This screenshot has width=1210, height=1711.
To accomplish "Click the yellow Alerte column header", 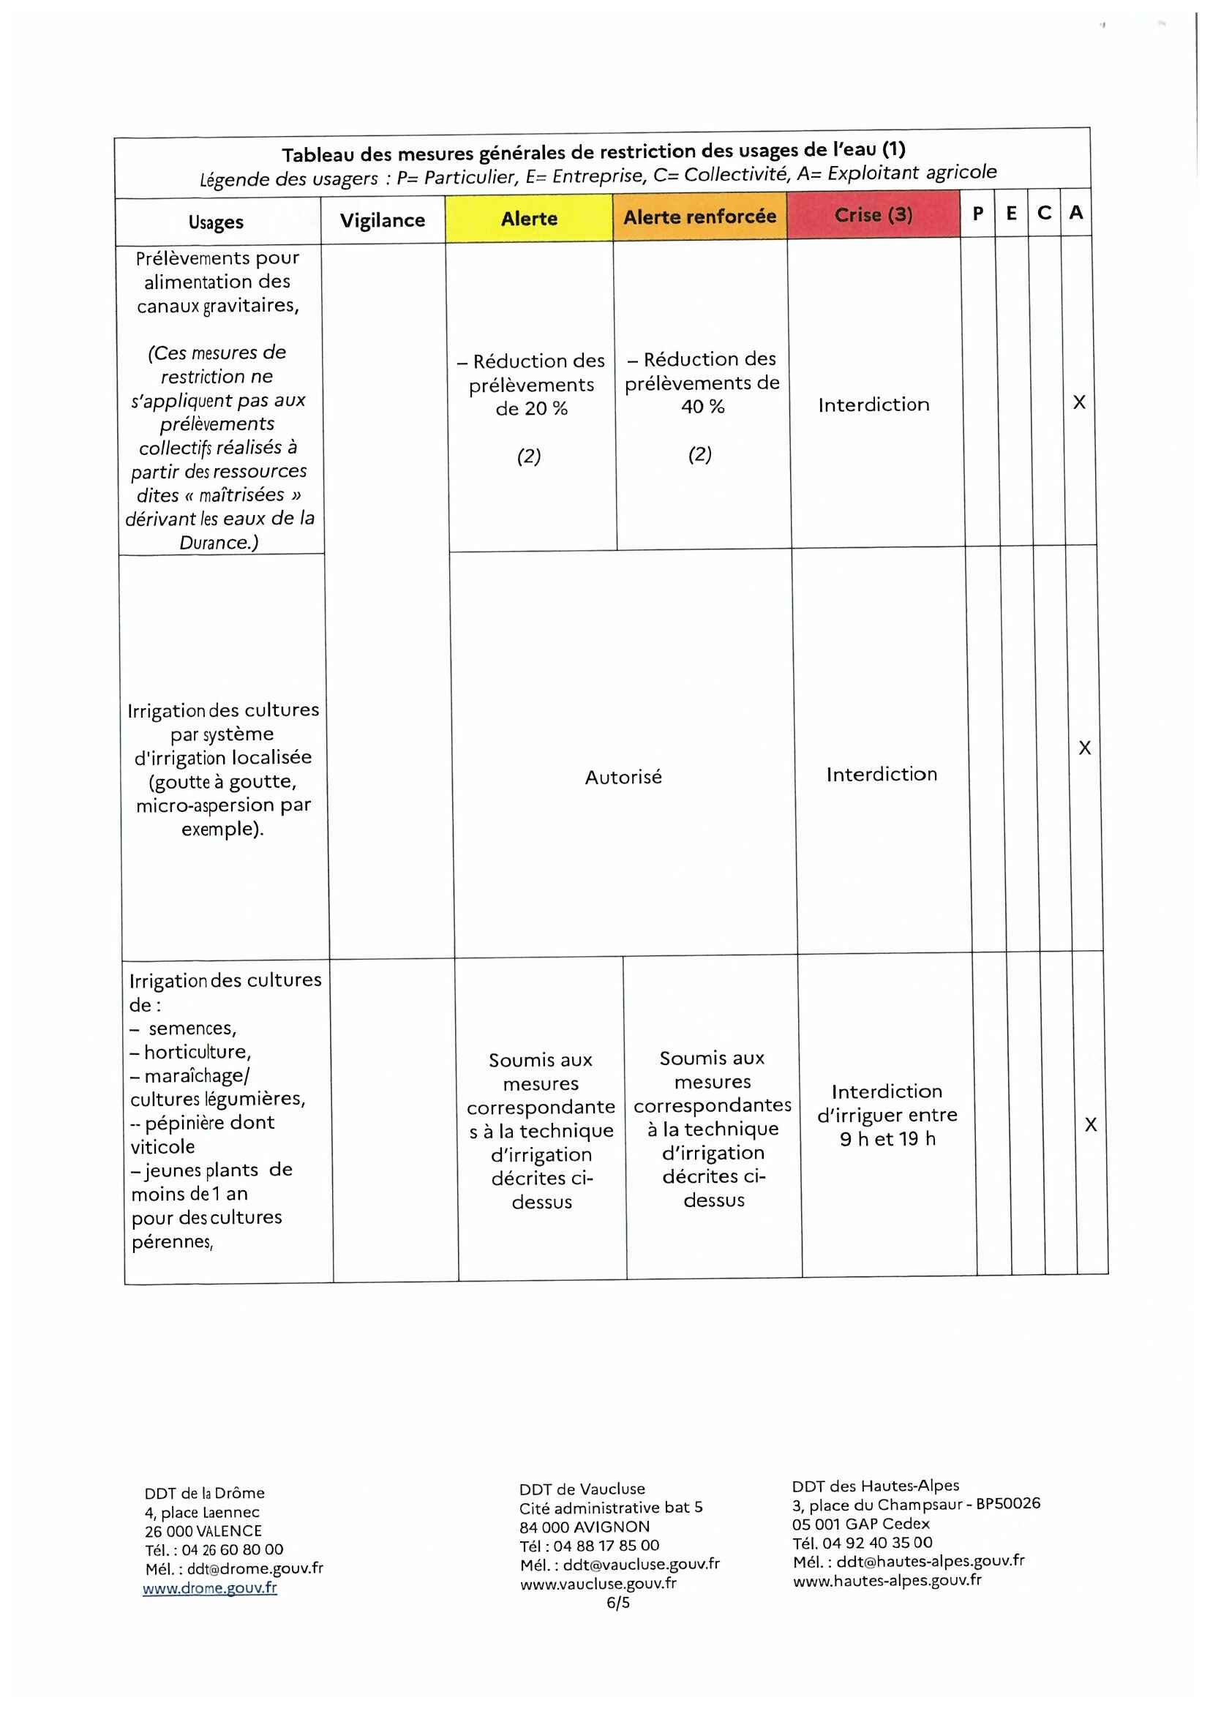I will tap(529, 218).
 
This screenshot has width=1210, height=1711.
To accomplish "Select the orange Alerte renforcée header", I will tap(699, 217).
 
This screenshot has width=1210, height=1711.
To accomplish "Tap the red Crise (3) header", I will tap(873, 214).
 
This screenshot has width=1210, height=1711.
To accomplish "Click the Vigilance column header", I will tap(382, 220).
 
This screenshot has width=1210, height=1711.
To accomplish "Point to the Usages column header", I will tap(216, 222).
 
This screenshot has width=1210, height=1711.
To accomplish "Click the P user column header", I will tap(977, 213).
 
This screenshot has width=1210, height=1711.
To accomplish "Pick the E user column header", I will tap(1011, 213).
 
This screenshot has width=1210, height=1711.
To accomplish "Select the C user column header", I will tap(1045, 213).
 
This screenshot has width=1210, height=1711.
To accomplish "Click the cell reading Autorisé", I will tap(623, 778).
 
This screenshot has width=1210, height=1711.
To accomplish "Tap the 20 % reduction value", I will tap(531, 408).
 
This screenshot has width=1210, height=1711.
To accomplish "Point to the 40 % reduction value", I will tap(702, 407).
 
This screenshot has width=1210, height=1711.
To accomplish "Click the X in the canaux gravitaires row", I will tap(1079, 402).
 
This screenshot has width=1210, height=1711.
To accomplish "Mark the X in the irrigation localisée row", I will tap(1085, 748).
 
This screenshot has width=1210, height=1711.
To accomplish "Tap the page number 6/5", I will tap(617, 1602).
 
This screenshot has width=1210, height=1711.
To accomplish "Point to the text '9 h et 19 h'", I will tap(887, 1139).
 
